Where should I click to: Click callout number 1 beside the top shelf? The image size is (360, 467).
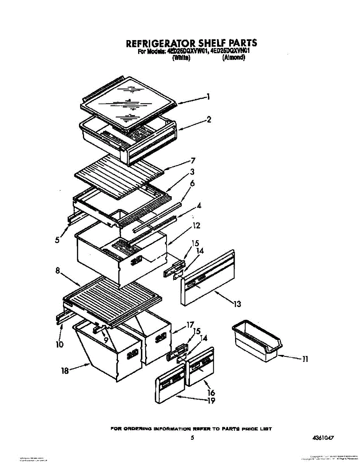click(x=209, y=97)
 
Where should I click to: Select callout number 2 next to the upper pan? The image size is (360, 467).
click(x=209, y=120)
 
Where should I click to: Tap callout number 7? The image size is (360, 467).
click(x=193, y=160)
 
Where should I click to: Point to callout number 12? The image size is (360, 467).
click(x=196, y=225)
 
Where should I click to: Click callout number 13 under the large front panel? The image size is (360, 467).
click(x=237, y=304)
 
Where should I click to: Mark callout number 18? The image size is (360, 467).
click(x=65, y=371)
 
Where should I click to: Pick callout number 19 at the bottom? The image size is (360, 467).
click(x=211, y=400)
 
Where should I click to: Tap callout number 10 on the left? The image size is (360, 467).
click(x=60, y=344)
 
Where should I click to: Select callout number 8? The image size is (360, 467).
click(x=58, y=272)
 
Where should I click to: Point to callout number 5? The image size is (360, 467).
click(x=58, y=240)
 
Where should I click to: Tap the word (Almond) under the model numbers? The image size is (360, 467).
click(x=234, y=58)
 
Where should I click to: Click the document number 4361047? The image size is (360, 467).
click(x=323, y=438)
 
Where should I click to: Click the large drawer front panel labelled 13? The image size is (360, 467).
click(x=208, y=278)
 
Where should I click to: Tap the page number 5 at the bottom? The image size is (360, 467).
click(x=192, y=438)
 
